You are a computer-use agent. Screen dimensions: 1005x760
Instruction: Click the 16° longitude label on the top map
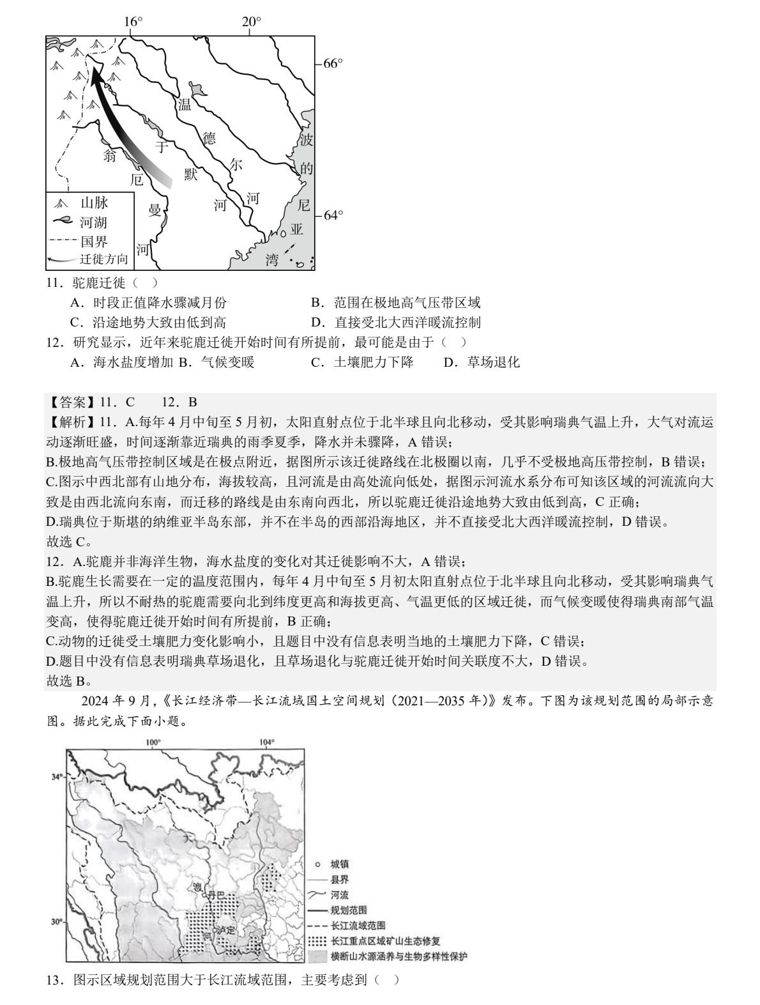click(x=133, y=22)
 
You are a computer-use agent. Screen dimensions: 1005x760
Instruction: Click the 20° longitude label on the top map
click(x=251, y=22)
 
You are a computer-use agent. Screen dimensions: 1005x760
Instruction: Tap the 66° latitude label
click(x=333, y=63)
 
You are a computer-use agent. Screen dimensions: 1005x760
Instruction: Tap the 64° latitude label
click(x=333, y=215)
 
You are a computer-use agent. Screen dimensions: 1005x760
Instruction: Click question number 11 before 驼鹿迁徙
click(x=54, y=282)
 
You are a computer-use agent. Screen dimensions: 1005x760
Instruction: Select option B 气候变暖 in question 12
click(x=217, y=362)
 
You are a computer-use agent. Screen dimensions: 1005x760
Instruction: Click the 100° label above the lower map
click(x=153, y=742)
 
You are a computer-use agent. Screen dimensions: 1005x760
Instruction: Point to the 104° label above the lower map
click(x=267, y=742)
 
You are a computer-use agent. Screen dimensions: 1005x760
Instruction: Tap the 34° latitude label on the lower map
click(x=57, y=776)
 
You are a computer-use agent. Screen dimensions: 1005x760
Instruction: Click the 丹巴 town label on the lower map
click(x=217, y=895)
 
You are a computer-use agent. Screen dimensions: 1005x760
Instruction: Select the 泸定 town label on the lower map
click(x=227, y=931)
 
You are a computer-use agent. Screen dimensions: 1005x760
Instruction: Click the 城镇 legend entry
click(x=339, y=864)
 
